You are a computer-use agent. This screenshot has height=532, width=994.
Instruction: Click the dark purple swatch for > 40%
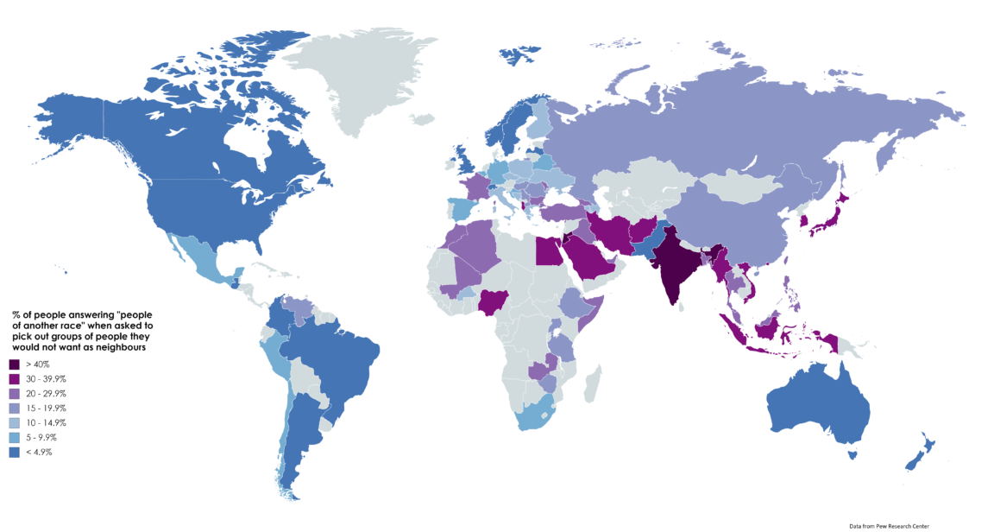point(15,364)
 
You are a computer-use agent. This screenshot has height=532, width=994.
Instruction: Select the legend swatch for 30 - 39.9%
point(15,379)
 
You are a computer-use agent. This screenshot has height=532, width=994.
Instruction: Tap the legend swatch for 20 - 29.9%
point(15,394)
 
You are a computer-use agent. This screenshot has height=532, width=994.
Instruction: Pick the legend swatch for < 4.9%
point(15,452)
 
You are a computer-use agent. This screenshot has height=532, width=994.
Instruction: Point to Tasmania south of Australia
point(853,455)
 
